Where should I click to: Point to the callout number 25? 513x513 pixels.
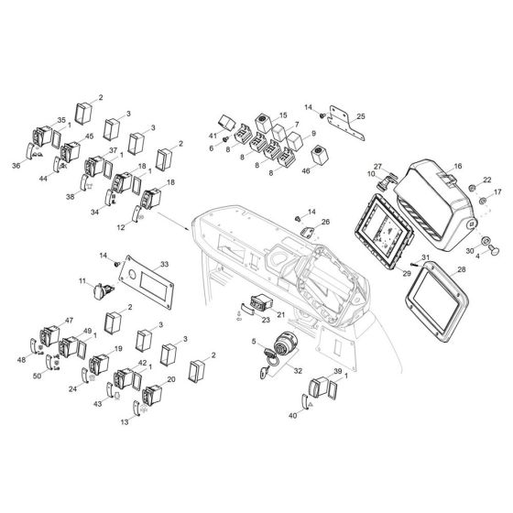361,116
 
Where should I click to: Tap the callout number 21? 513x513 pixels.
281,314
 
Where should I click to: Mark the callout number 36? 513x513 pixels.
16,165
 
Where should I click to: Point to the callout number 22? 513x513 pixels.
487,180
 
